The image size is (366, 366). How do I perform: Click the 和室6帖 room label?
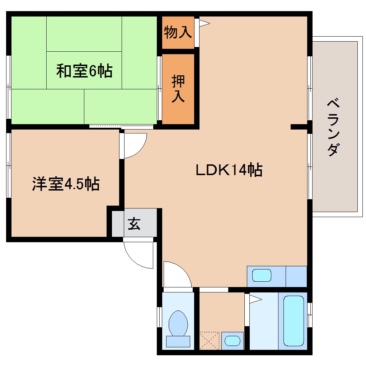tap(84, 71)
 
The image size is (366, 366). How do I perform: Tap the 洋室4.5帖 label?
tap(66, 184)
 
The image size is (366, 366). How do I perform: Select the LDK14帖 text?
tap(229, 170)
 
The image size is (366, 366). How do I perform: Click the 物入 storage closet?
tap(178, 33)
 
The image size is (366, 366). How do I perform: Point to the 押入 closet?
tap(178, 89)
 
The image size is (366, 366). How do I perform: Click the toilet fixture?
tap(178, 322)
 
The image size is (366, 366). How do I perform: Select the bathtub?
tap(293, 320)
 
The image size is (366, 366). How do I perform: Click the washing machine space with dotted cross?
tap(209, 340)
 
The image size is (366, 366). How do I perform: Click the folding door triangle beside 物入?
tap(204, 23)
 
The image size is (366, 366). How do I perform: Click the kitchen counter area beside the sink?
tap(296, 276)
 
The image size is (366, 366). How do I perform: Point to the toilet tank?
tap(178, 341)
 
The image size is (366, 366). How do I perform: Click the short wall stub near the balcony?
tap(299, 126)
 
